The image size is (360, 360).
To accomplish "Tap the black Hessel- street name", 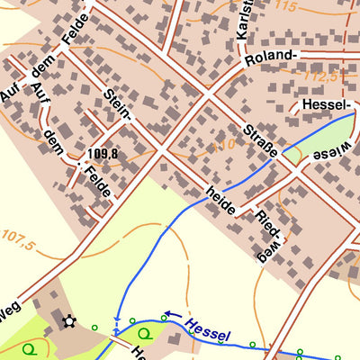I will coord(327,106).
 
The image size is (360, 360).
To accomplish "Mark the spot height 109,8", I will coord(103,154).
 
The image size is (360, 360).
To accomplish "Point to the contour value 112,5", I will coord(320,78).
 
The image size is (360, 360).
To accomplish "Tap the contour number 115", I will coord(286,7).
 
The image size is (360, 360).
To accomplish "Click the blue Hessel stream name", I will coord(208,329).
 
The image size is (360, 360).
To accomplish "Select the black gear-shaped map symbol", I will coord(67,320).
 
